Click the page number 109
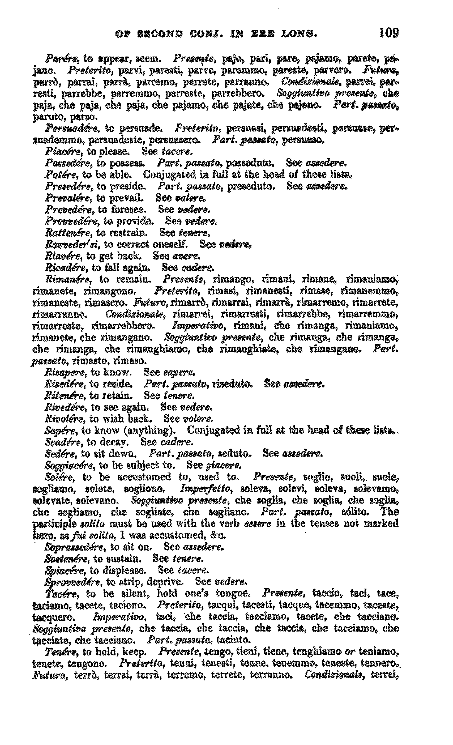389,32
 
